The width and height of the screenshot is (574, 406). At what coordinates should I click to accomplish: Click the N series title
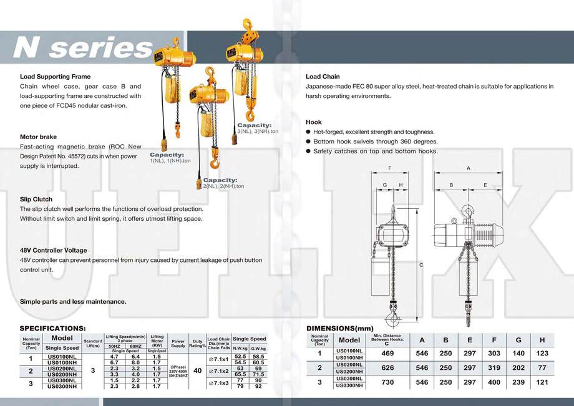pos(83,48)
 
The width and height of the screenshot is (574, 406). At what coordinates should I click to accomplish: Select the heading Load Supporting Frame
pos(55,77)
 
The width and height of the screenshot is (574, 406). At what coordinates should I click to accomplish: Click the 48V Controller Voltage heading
pos(54,250)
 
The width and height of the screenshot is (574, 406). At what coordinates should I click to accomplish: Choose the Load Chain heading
pos(322,77)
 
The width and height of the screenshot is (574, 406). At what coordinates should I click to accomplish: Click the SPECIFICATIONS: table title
pos(52,328)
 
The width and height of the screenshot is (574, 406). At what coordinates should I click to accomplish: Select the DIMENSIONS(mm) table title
pos(339,328)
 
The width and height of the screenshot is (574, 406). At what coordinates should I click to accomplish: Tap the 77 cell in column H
pos(542,368)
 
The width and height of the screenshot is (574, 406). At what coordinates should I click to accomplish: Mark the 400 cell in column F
pos(493,382)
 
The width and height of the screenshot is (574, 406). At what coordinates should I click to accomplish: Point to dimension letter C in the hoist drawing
pos(421,265)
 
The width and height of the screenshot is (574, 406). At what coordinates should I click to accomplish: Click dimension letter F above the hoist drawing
pos(389,168)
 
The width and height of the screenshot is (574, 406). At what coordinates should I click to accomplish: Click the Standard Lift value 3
pos(92,370)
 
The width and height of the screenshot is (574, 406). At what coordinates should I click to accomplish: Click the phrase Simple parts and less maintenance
pos(73,301)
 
